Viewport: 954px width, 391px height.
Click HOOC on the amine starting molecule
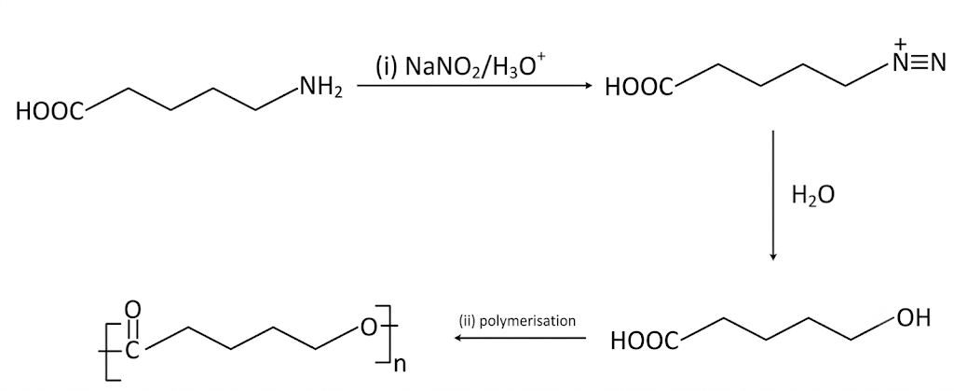coord(50,111)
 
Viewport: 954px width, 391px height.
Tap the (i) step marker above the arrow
coord(385,65)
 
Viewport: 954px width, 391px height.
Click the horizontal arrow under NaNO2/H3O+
coord(474,87)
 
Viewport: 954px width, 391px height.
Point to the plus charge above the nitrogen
coord(903,44)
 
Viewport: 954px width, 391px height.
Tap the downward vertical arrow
coord(772,195)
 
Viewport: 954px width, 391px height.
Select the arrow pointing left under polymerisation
coord(521,338)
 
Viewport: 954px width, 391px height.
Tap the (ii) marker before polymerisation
coord(469,320)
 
